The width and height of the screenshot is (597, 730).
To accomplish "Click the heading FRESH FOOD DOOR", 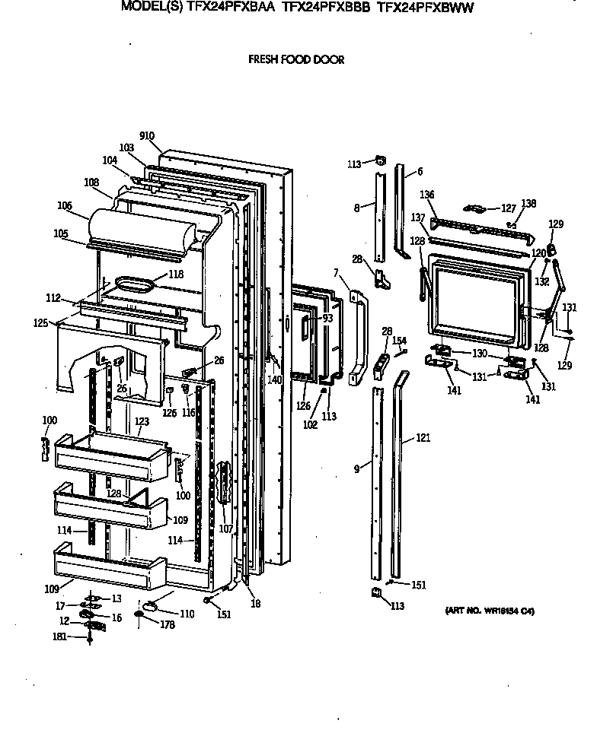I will (296, 60).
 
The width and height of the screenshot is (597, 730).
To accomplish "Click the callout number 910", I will (147, 136).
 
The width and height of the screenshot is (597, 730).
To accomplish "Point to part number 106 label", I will (64, 205).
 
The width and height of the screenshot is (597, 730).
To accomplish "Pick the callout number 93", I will (327, 318).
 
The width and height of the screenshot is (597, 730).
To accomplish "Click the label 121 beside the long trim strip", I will (424, 439).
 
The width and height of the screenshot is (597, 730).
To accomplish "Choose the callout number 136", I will (428, 195).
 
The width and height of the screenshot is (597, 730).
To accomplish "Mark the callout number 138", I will (528, 204).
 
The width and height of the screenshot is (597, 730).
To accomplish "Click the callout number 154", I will (399, 340).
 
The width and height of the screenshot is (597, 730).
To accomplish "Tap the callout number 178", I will (168, 624).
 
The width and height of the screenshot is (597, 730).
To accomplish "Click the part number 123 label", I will (142, 421).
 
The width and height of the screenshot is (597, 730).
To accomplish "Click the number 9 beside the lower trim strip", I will (356, 469).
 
